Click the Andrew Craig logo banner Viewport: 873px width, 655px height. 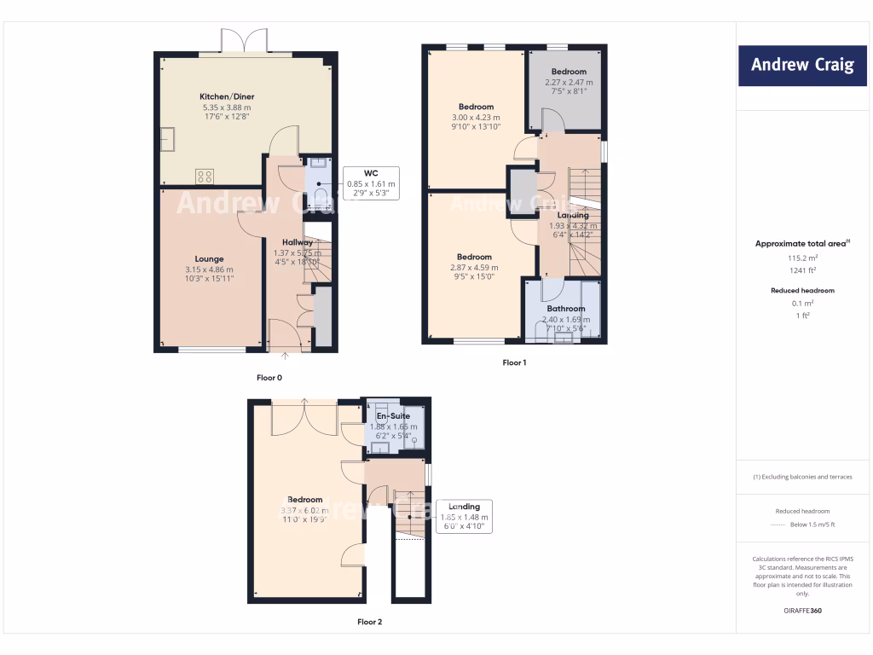tap(802, 65)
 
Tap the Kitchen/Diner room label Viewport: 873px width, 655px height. tap(227, 96)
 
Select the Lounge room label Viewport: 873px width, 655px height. tap(209, 259)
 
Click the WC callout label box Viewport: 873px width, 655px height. tap(370, 183)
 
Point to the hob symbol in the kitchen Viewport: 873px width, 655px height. tap(205, 177)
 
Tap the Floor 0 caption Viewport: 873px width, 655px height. tap(269, 377)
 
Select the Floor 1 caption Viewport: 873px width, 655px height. tap(514, 362)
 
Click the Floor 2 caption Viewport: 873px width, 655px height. tap(369, 622)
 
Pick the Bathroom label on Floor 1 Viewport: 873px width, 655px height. tap(566, 309)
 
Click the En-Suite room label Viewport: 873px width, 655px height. tap(393, 416)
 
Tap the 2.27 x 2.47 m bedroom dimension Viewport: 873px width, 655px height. tap(569, 83)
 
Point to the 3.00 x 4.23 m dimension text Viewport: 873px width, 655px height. tap(476, 118)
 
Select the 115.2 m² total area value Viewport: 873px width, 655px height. tap(801, 258)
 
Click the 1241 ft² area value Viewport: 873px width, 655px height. tap(801, 270)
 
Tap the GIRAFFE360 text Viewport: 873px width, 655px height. tap(801, 611)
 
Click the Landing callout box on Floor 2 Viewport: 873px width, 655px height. tap(464, 516)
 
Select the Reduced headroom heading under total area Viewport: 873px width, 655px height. tap(801, 290)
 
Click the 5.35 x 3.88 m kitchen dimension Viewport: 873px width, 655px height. tap(227, 107)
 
